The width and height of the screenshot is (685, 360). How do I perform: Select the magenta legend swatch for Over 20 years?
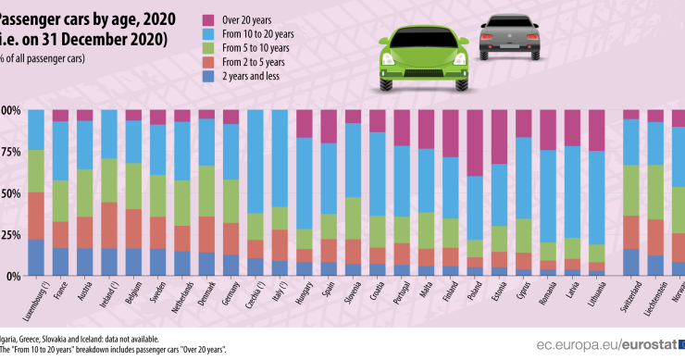point(210,18)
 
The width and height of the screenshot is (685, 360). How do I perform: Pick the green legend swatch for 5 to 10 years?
point(210,47)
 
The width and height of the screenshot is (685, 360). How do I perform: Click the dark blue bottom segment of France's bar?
point(60,262)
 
